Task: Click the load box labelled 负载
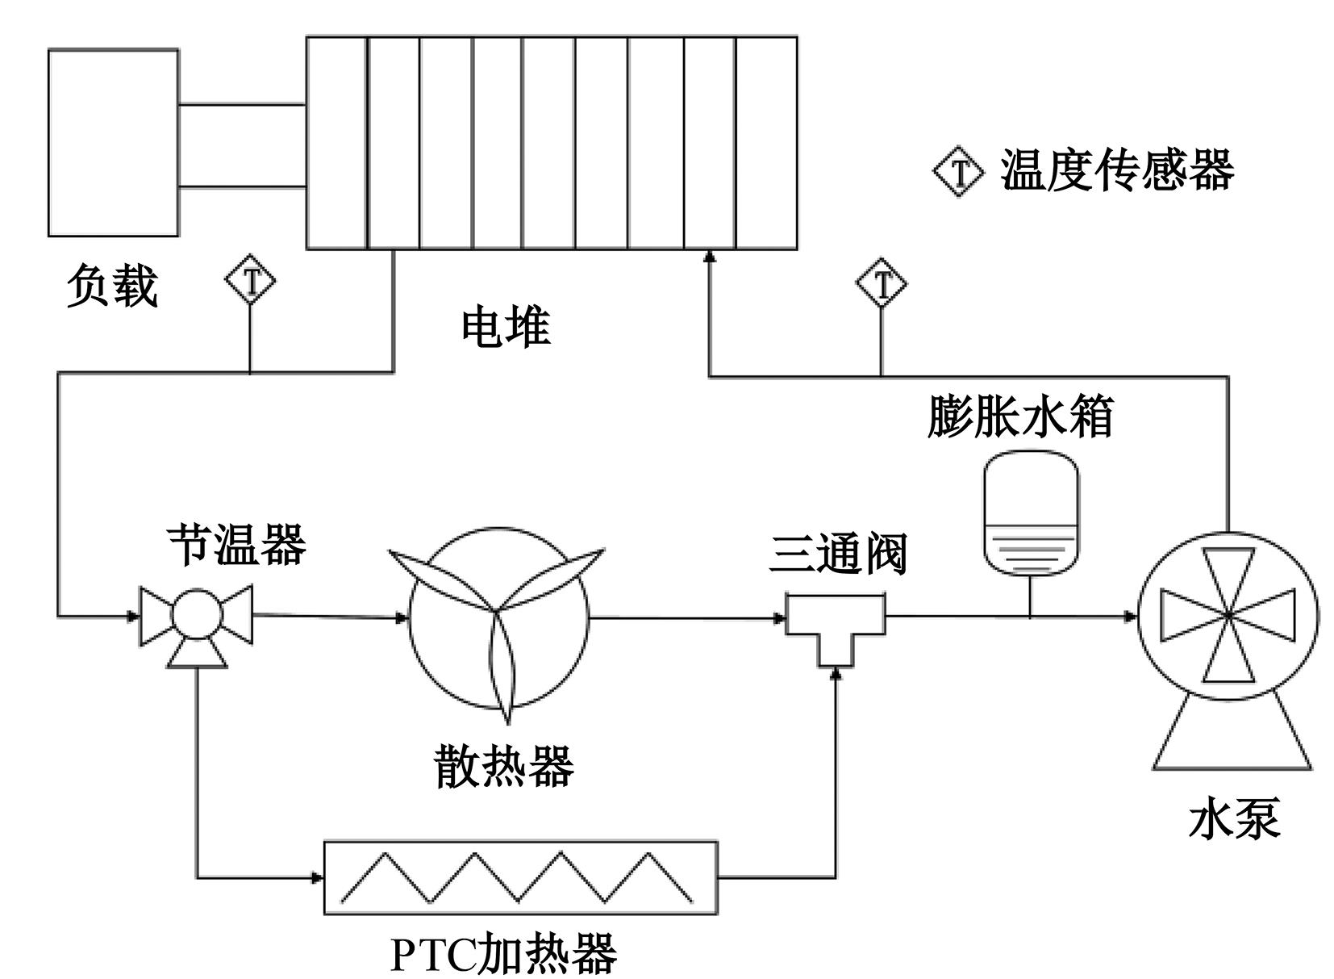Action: pyautogui.click(x=113, y=143)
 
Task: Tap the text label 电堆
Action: pyautogui.click(x=506, y=328)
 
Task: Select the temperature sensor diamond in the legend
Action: pyautogui.click(x=959, y=171)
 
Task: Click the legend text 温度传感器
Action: pyautogui.click(x=1117, y=171)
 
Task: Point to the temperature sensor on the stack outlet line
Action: pyautogui.click(x=250, y=281)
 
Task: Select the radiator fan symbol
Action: pyautogui.click(x=499, y=619)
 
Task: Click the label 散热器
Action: pyautogui.click(x=504, y=765)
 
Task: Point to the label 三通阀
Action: pyautogui.click(x=838, y=554)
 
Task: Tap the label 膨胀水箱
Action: pyautogui.click(x=1020, y=416)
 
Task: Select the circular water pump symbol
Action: pyautogui.click(x=1228, y=616)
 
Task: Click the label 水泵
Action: pyautogui.click(x=1235, y=819)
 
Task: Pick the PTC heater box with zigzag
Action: pyautogui.click(x=519, y=877)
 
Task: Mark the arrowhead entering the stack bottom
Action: pyautogui.click(x=709, y=256)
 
